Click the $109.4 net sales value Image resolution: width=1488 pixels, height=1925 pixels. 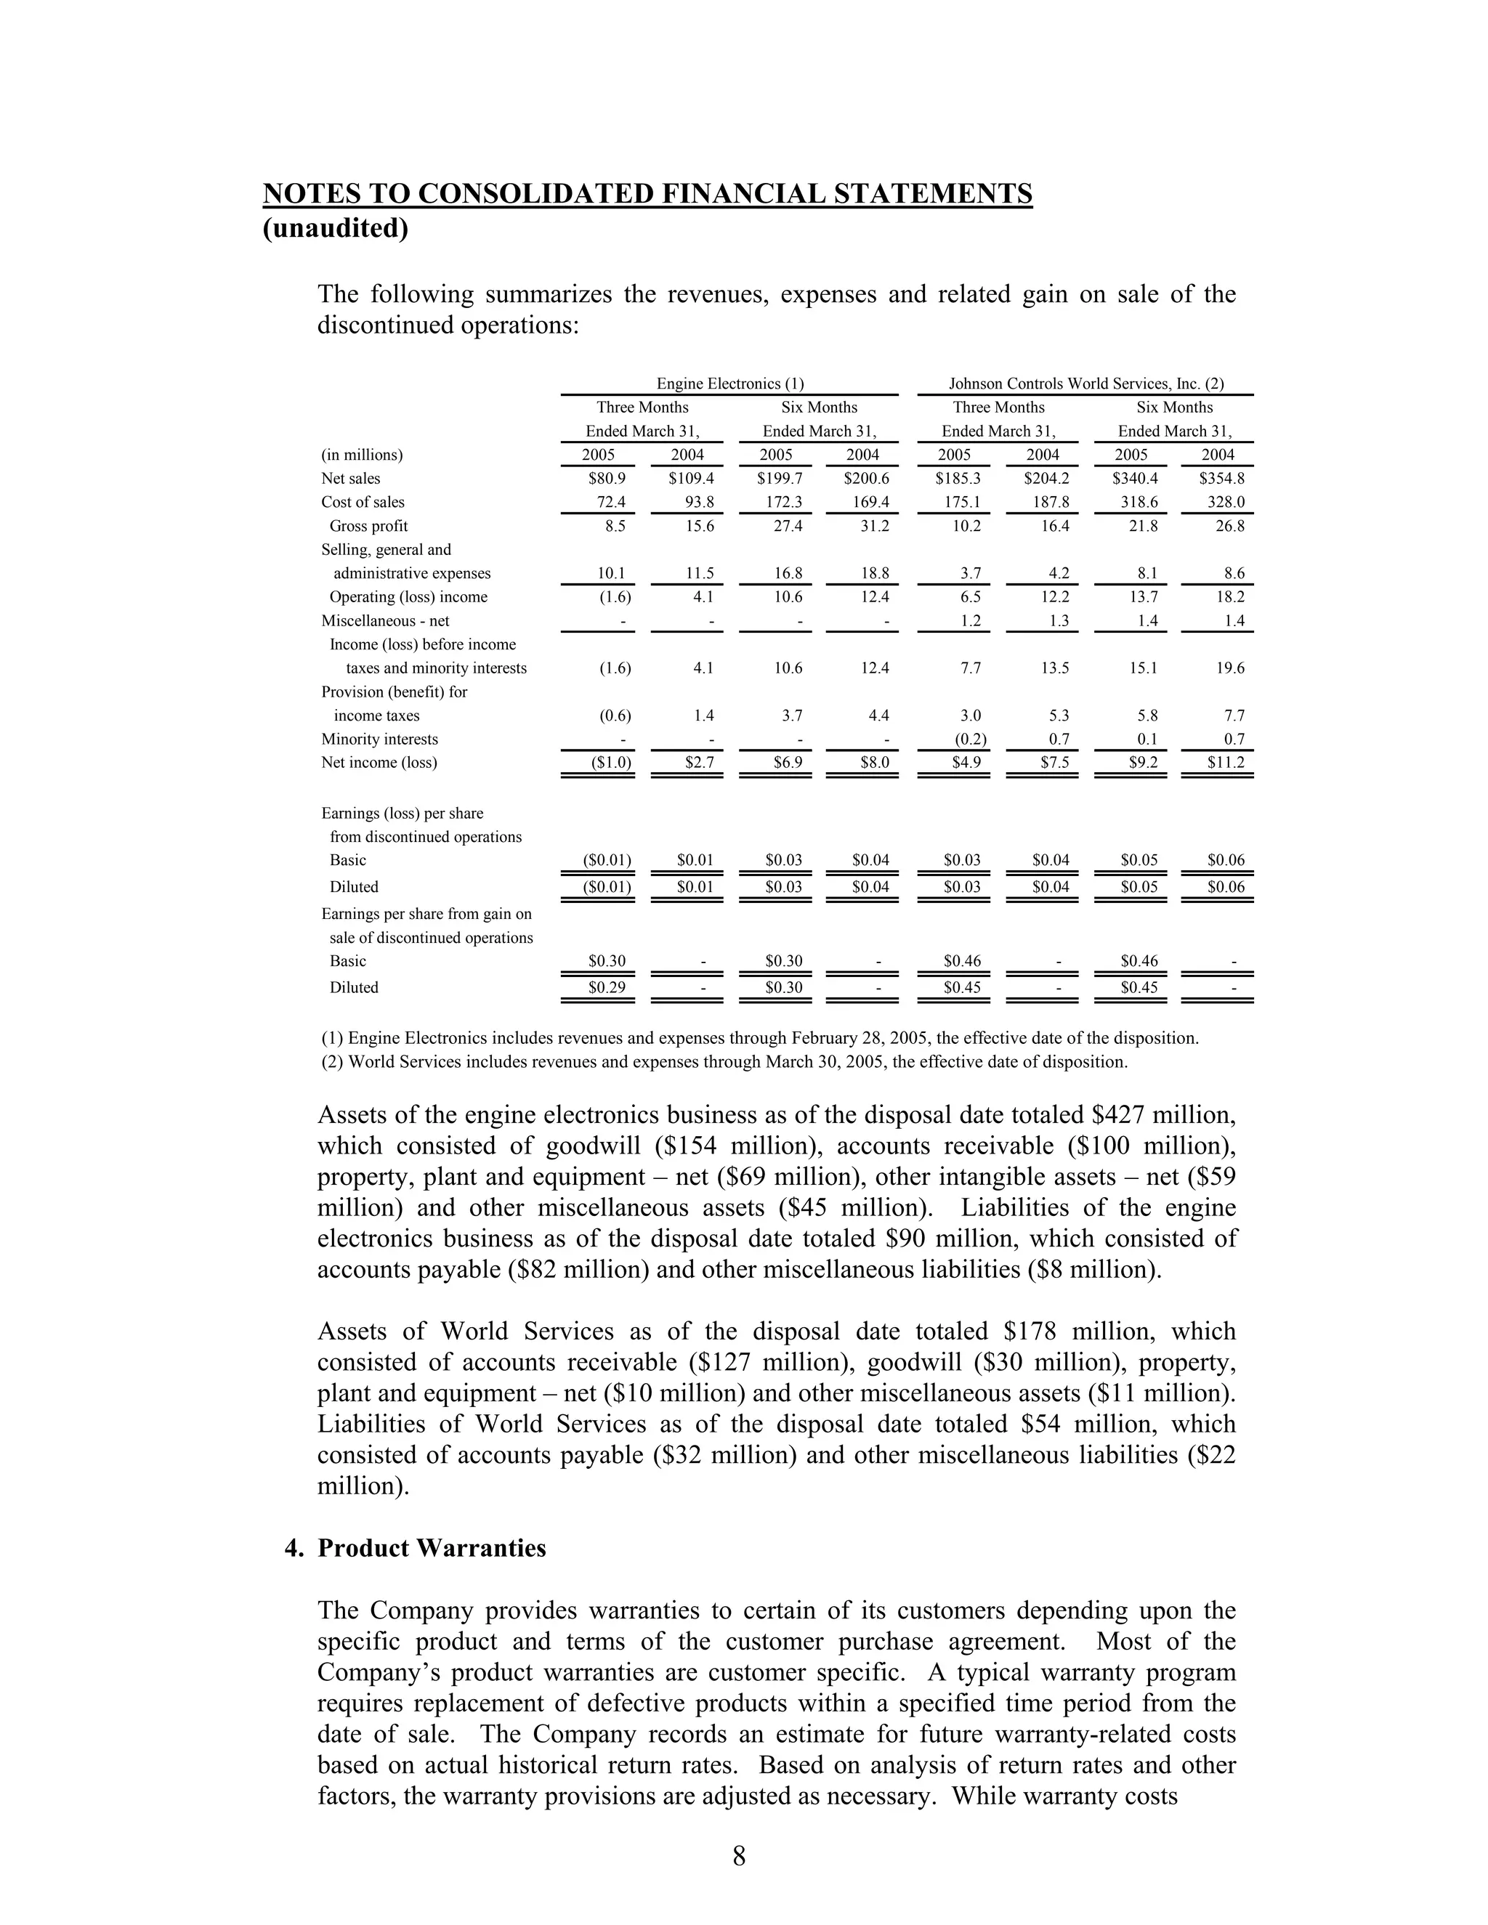coord(691,479)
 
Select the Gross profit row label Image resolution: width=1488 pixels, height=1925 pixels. coord(368,526)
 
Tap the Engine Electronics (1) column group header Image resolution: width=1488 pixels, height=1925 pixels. coord(730,384)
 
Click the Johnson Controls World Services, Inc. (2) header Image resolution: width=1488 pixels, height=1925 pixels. coord(1086,384)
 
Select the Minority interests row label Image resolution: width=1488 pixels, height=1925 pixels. coord(379,739)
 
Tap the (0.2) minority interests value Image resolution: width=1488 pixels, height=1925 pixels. coord(971,739)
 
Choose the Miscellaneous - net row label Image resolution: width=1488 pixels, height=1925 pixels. coord(385,620)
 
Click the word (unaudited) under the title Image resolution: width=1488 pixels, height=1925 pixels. coord(336,228)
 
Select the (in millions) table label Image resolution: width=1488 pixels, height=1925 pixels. coord(361,455)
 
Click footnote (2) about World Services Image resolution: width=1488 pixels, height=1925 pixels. coord(724,1061)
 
